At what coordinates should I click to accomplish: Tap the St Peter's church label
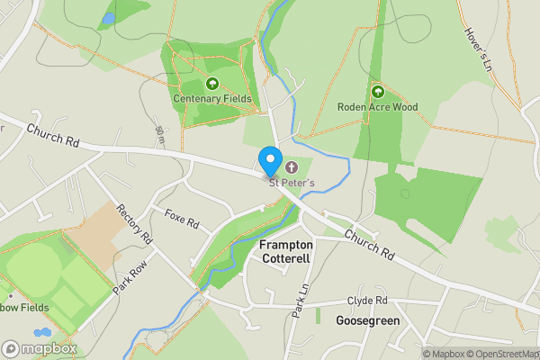[292, 183]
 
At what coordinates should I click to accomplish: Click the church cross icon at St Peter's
[291, 167]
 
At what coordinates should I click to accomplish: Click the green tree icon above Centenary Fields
[212, 84]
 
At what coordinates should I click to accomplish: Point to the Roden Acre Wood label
[378, 106]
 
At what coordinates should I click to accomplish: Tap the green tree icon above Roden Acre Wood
[377, 91]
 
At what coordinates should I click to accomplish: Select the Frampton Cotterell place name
[285, 251]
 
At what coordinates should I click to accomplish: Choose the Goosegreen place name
[367, 320]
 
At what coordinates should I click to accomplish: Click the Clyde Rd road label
[367, 301]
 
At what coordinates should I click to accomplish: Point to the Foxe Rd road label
[181, 218]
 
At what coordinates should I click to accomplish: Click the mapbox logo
[40, 348]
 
